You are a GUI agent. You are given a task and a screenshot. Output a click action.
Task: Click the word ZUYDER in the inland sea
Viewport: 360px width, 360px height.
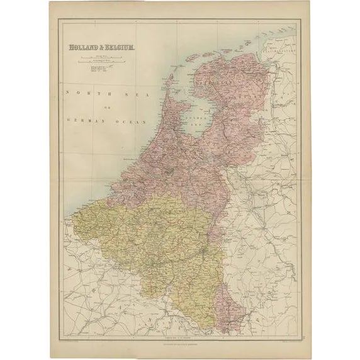pyautogui.click(x=192, y=117)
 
